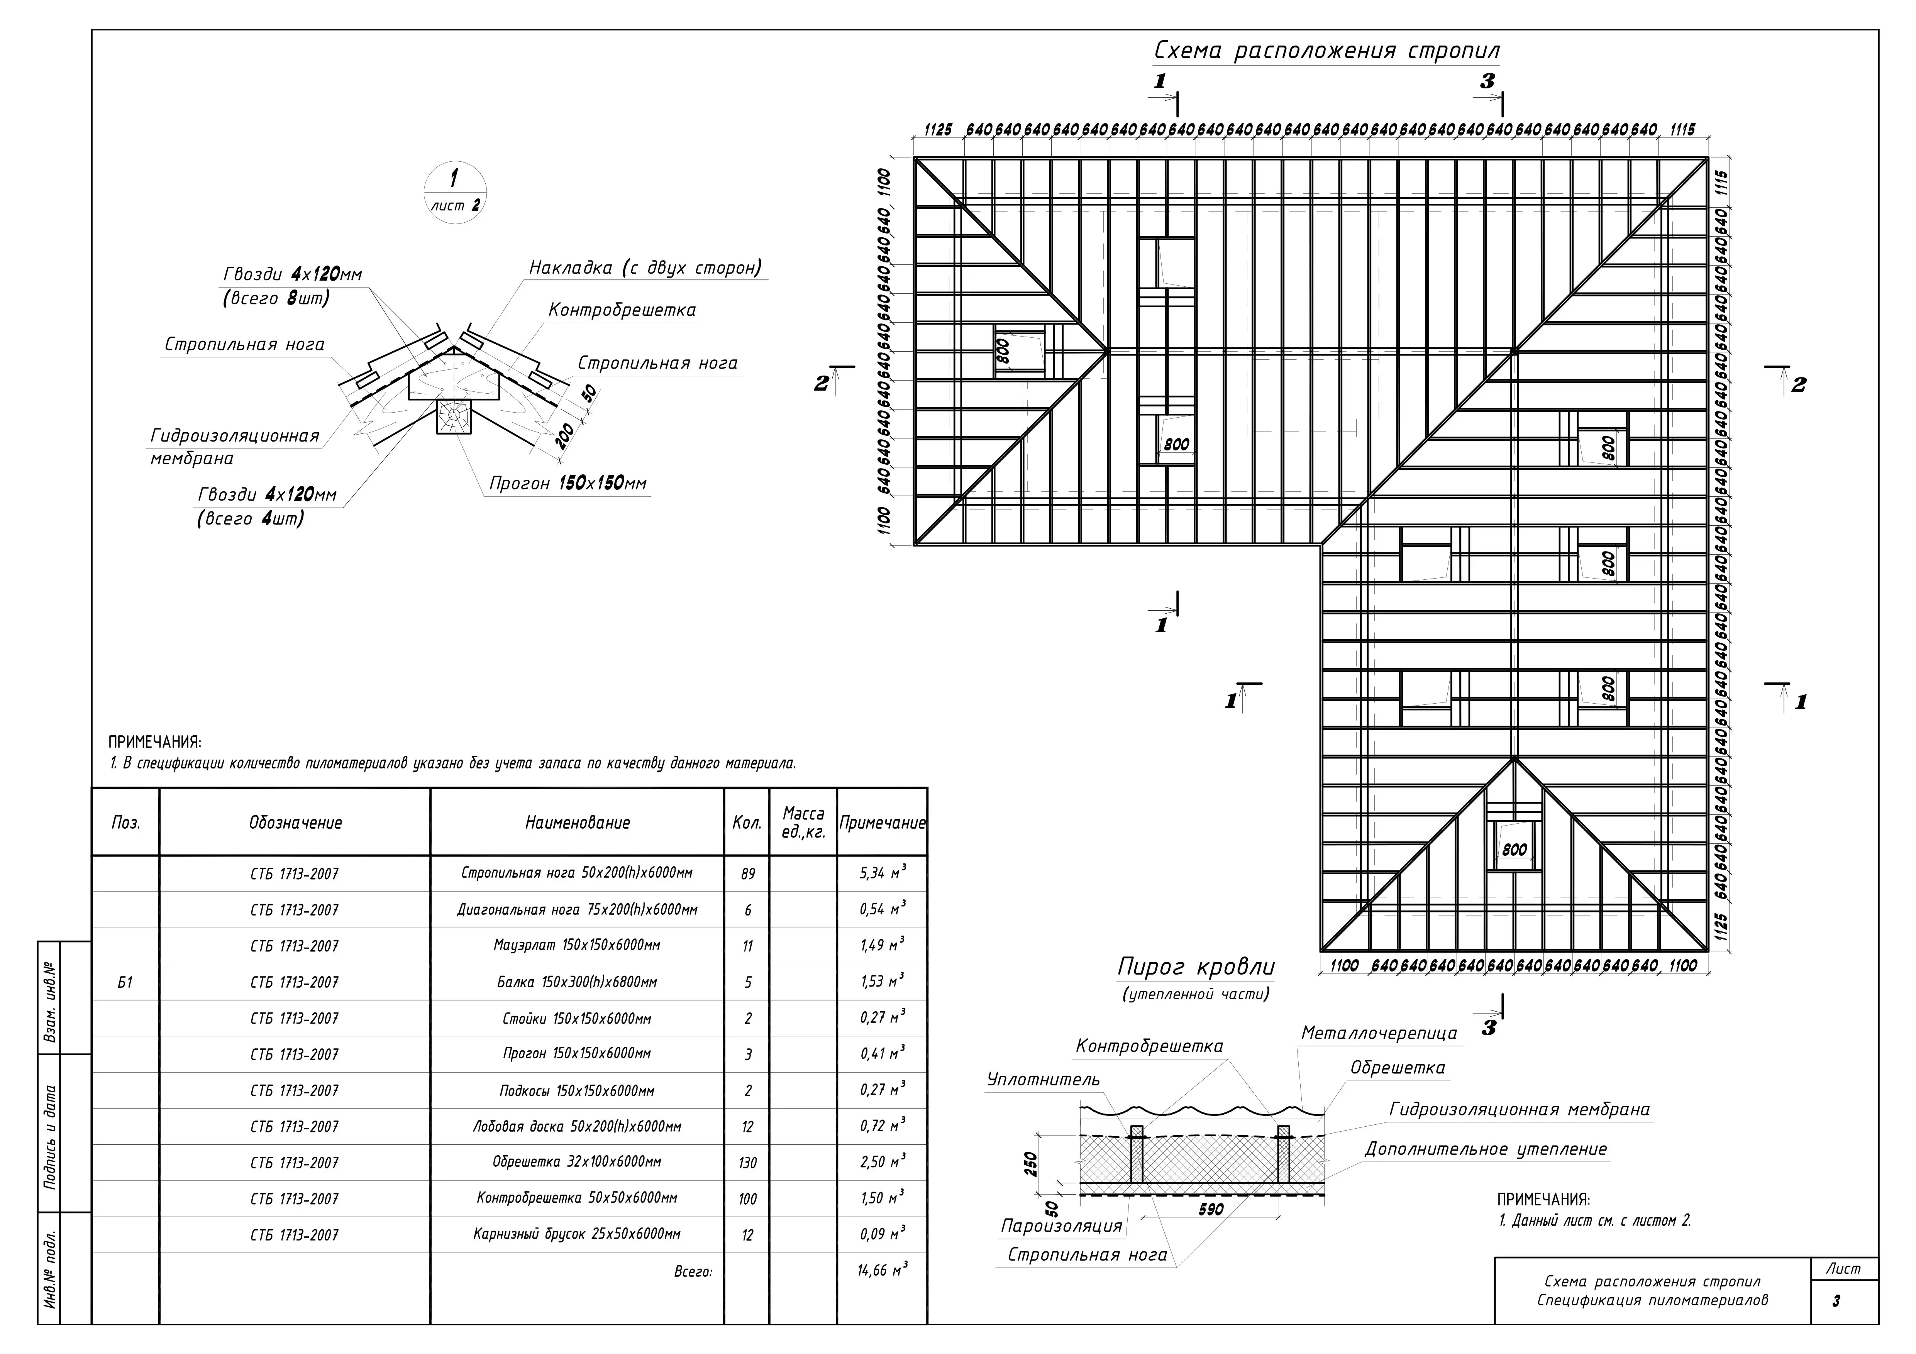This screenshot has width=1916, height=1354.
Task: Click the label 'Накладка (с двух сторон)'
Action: (645, 268)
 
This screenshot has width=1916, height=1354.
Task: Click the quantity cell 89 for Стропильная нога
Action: (747, 873)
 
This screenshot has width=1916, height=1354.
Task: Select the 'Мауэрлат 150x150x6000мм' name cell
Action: (577, 945)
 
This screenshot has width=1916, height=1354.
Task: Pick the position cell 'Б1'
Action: (125, 982)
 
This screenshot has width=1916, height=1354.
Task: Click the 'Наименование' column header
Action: (577, 823)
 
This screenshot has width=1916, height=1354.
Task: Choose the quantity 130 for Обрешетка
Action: (747, 1162)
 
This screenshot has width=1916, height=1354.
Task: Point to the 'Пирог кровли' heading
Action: (1196, 967)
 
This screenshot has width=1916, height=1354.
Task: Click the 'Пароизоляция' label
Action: (1062, 1225)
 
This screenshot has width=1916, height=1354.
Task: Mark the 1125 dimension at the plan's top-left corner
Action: (938, 130)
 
